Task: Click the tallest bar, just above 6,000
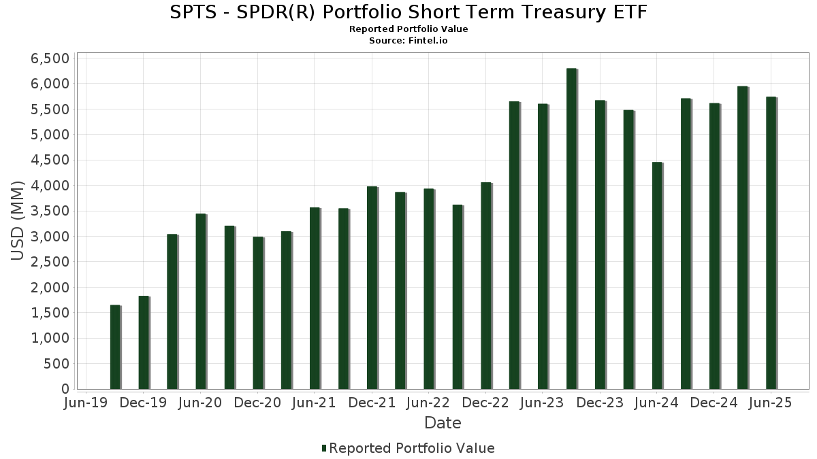pyautogui.click(x=571, y=228)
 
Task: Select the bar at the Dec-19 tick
pyautogui.click(x=144, y=343)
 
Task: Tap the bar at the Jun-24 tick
pyautogui.click(x=657, y=276)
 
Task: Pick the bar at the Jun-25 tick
pyautogui.click(x=771, y=243)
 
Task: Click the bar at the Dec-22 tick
pyautogui.click(x=486, y=286)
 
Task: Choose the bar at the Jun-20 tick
pyautogui.click(x=201, y=302)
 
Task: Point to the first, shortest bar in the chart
pyautogui.click(x=115, y=347)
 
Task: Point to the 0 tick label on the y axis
pyautogui.click(x=65, y=389)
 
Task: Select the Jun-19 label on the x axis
pyautogui.click(x=85, y=403)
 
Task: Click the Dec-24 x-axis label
pyautogui.click(x=714, y=403)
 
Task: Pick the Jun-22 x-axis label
pyautogui.click(x=428, y=403)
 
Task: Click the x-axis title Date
pyautogui.click(x=443, y=423)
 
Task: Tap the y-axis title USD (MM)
pyautogui.click(x=17, y=221)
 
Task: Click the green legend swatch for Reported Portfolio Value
pyautogui.click(x=324, y=448)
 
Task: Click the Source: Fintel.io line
pyautogui.click(x=408, y=40)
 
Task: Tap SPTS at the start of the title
pyautogui.click(x=193, y=12)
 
